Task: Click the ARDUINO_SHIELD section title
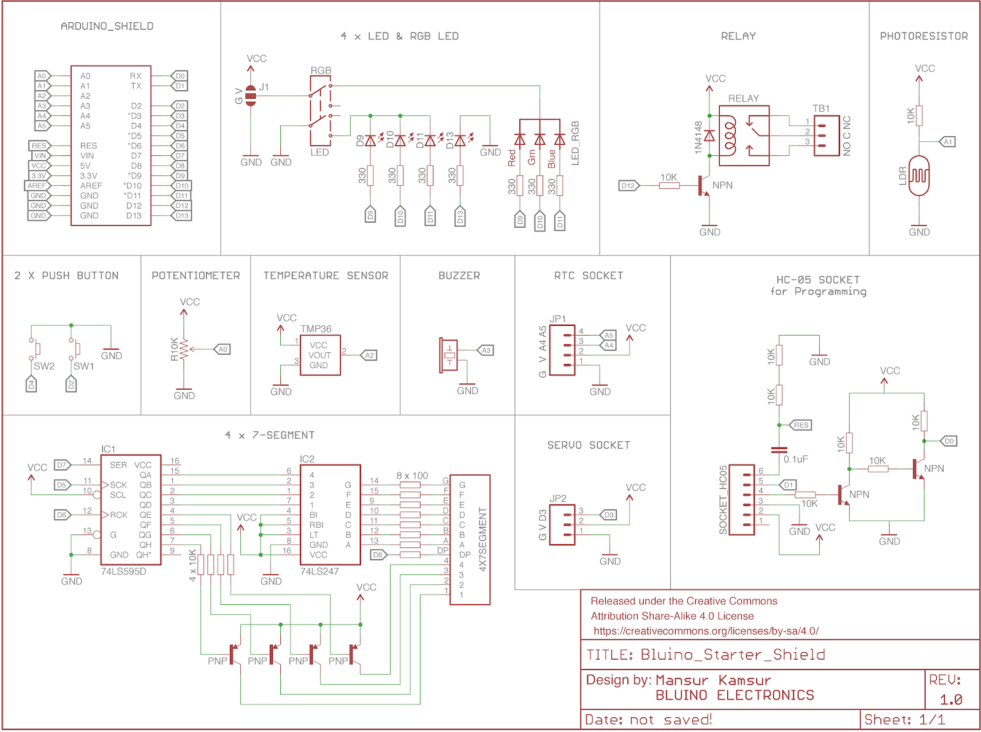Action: [107, 26]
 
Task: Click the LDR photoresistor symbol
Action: [918, 175]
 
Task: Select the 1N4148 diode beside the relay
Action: [709, 136]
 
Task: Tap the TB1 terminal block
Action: [826, 136]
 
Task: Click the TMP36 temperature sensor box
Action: [319, 355]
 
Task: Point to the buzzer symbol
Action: [449, 355]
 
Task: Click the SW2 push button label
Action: [44, 366]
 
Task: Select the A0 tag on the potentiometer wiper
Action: [223, 349]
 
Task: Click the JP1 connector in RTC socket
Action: [562, 350]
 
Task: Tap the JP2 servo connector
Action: [562, 525]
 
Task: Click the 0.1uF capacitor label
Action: [795, 459]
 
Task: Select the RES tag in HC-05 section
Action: [801, 425]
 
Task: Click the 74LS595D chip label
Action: [123, 571]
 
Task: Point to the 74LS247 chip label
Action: [319, 571]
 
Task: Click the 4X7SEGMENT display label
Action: [482, 539]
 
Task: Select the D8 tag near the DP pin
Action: [378, 555]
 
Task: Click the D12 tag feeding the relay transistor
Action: [628, 185]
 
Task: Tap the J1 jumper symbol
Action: [251, 96]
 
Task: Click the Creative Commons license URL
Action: [705, 631]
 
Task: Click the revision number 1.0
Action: [950, 699]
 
